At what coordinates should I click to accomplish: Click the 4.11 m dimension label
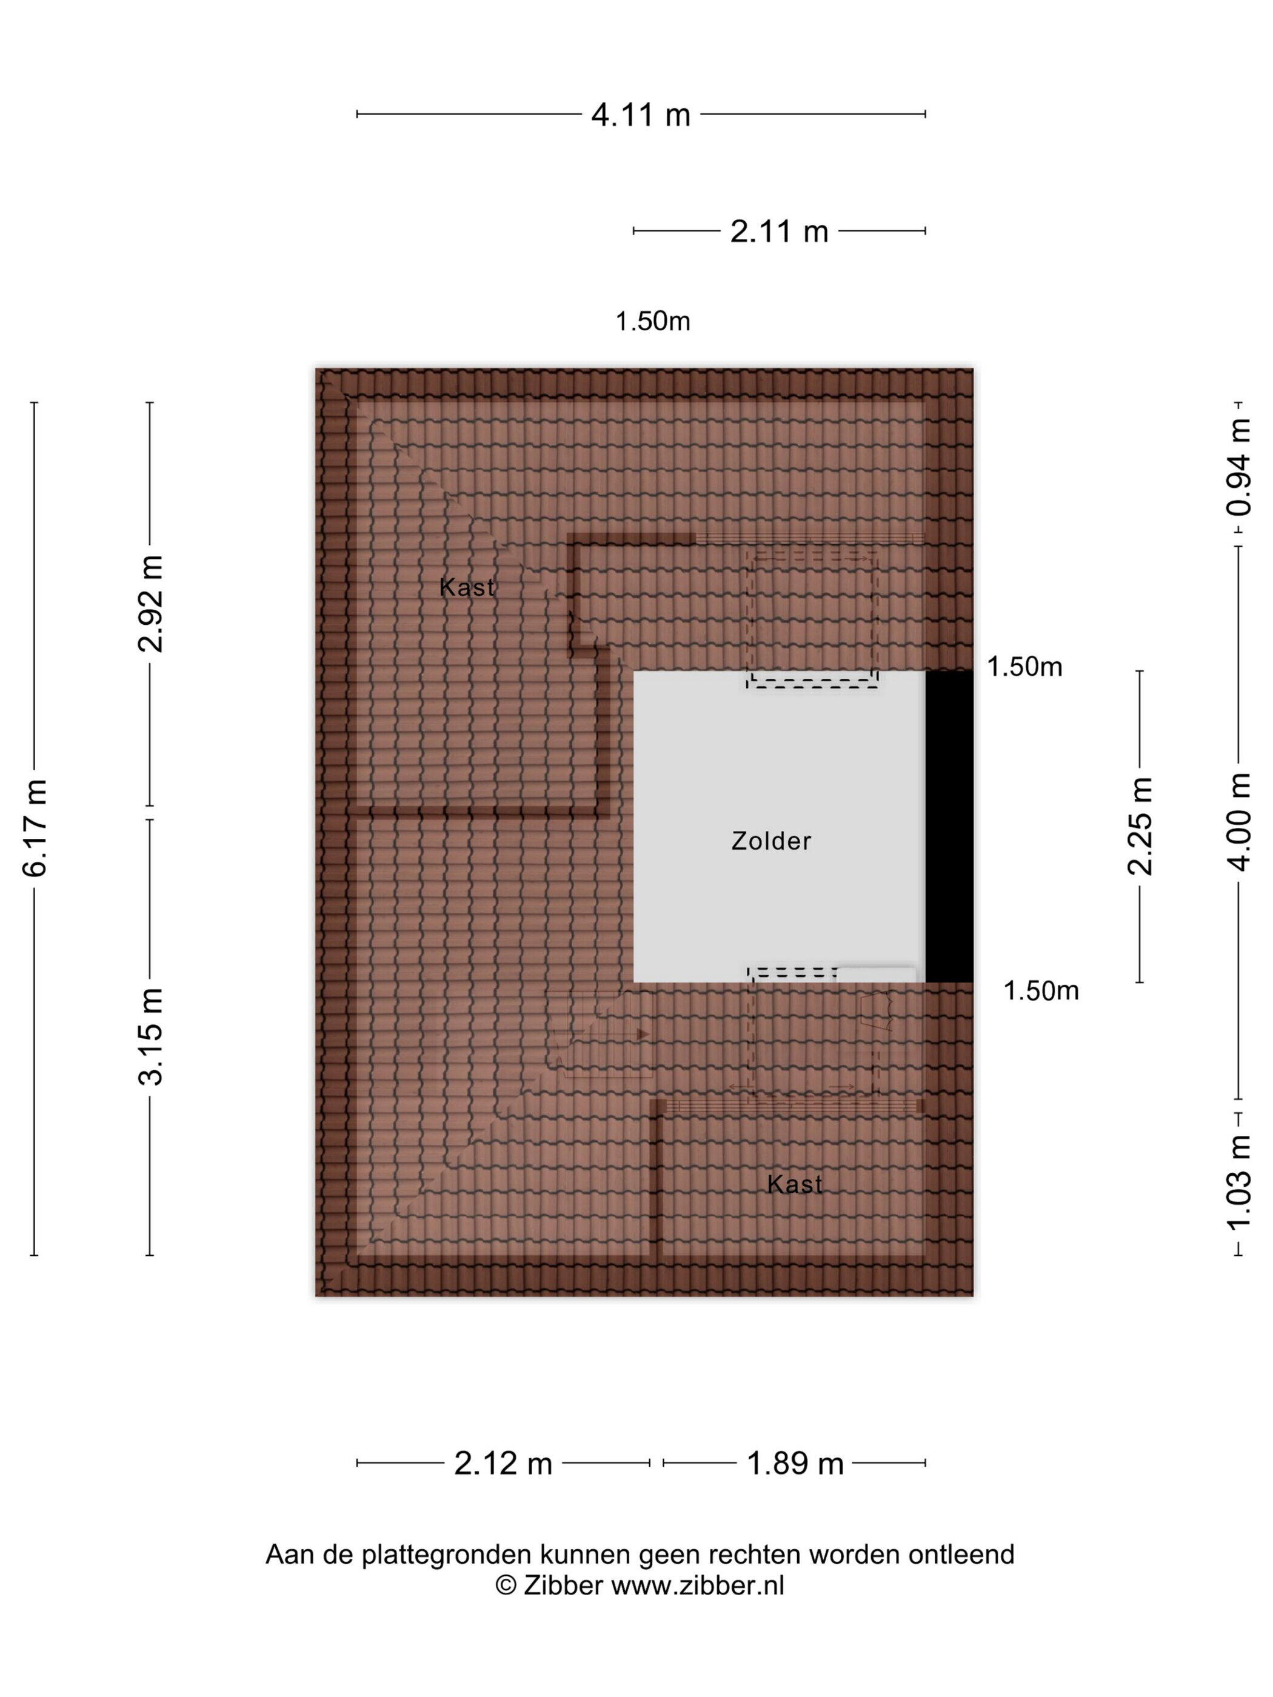click(640, 115)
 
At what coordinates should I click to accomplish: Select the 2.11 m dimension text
click(779, 231)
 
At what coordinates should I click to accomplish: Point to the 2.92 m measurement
click(151, 604)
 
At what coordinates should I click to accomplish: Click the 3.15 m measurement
click(151, 1036)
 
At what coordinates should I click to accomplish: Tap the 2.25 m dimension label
click(1140, 825)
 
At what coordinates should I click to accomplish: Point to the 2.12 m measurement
click(503, 1464)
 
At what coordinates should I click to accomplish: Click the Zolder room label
click(770, 841)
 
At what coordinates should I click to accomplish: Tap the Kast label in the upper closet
click(467, 588)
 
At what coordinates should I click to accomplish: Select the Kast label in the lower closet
click(794, 1184)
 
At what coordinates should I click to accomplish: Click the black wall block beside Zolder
click(949, 826)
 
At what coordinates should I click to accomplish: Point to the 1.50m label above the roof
click(652, 321)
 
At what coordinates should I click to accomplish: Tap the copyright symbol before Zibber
click(506, 1585)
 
